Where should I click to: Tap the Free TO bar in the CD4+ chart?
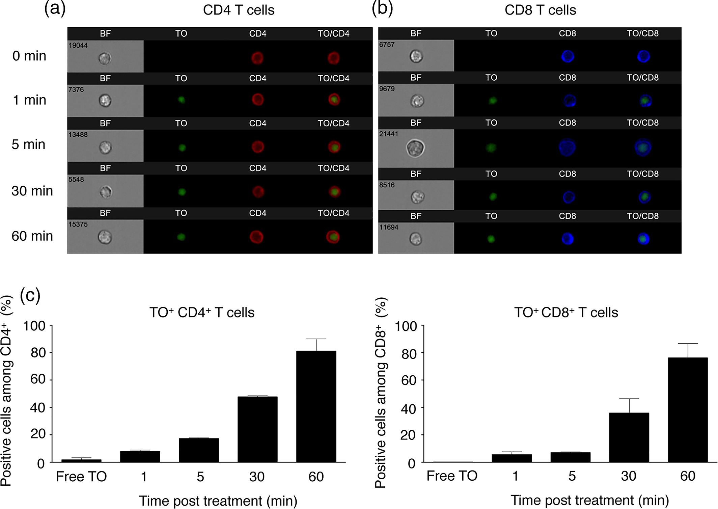coord(81,460)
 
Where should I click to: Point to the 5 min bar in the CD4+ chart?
coord(199,450)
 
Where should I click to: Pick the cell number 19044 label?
coord(78,45)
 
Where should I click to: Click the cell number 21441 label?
coord(388,134)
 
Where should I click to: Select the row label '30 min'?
coord(32,191)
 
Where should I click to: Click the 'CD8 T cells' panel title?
coord(540,10)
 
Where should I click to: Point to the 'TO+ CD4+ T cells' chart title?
coord(202,313)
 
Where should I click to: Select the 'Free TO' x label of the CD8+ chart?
coord(452,476)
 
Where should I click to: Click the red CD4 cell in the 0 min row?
coord(257,58)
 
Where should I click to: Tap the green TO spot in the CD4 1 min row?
coord(182,100)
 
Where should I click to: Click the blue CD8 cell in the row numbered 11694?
coord(568,239)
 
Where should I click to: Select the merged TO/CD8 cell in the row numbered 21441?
coord(643,148)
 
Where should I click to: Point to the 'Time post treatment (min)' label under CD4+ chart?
coord(218,501)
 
